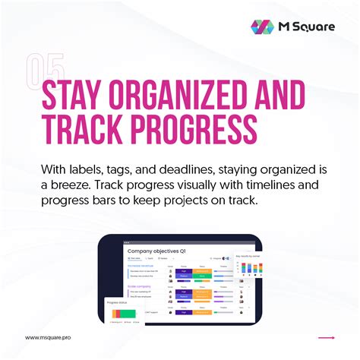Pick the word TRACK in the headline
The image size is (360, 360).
(84, 131)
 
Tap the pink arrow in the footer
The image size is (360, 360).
(326, 338)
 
